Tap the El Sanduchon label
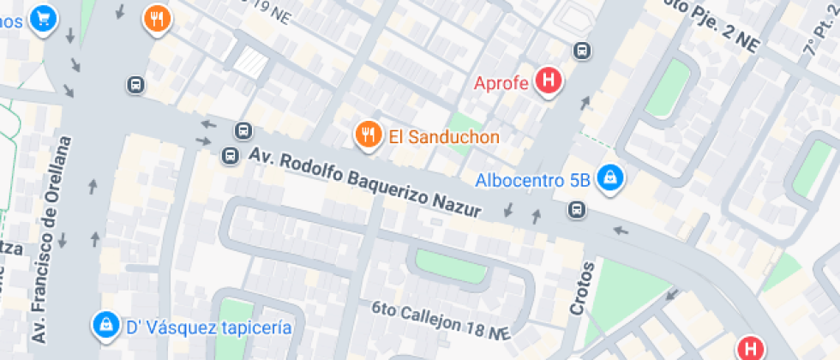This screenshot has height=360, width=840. tap(443, 136)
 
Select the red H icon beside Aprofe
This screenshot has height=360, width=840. tap(548, 82)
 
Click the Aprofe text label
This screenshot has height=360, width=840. tap(502, 83)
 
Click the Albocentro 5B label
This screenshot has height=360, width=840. tap(532, 181)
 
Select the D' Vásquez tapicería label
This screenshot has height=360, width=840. tap(209, 327)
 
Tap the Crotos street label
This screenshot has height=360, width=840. tap(584, 288)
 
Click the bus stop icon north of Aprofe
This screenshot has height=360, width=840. tap(583, 51)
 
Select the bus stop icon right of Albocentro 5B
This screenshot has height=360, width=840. tap(579, 210)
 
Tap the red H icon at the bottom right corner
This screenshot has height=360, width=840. tap(752, 347)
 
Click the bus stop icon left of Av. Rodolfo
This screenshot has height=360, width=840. tap(229, 156)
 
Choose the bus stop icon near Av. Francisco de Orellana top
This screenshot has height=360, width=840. tap(135, 84)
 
